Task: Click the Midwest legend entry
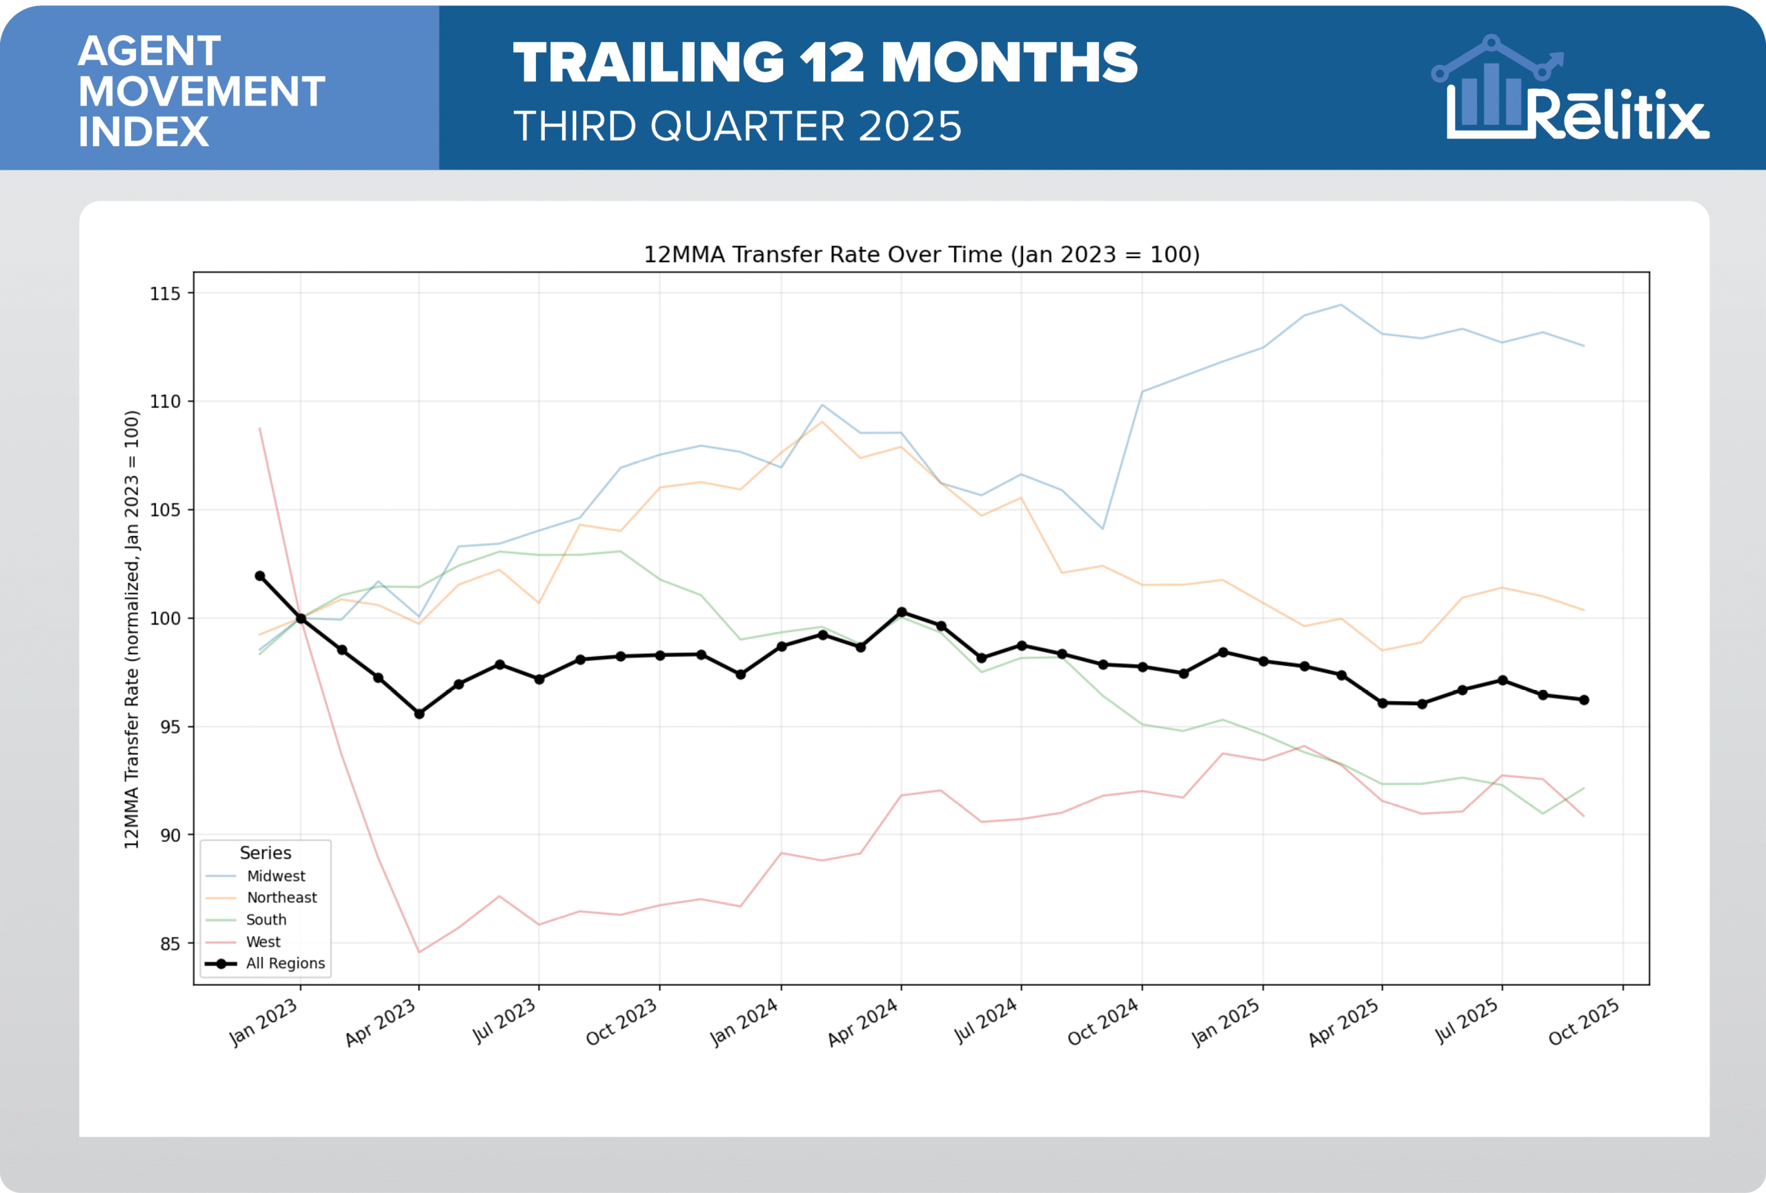coord(275,876)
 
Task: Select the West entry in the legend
coord(263,941)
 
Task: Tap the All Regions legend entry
coord(285,963)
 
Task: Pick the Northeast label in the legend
coord(281,898)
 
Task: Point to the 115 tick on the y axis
coord(165,294)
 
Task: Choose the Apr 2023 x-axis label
coord(381,1023)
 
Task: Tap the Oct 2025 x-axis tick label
coord(1585,1023)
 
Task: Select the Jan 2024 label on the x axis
coord(744,1023)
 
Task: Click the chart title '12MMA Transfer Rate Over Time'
coord(921,255)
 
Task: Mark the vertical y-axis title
coord(132,629)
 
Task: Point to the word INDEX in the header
coord(143,132)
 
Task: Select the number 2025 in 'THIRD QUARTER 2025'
coord(910,126)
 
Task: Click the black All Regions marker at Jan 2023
coord(301,618)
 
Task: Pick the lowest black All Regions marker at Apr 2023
coord(419,713)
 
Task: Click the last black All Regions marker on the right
coord(1584,700)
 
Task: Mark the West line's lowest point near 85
coord(419,952)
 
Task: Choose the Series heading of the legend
coord(265,853)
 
